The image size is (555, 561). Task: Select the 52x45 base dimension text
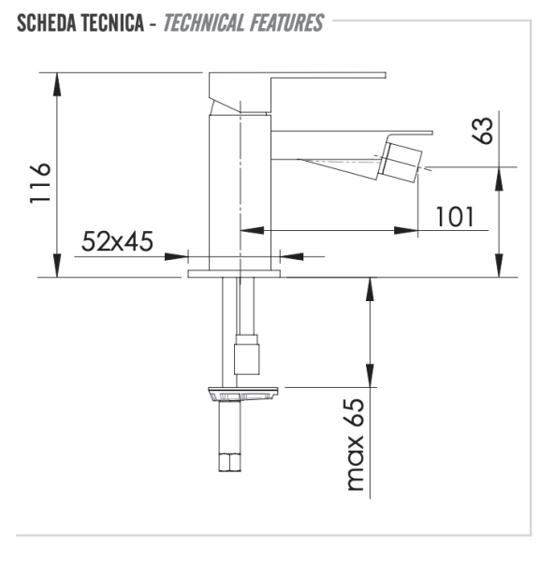117,241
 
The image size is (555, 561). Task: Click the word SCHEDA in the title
44,22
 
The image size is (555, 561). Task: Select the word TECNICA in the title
112,22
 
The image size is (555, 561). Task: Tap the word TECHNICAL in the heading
204,22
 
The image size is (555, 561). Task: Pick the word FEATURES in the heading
285,22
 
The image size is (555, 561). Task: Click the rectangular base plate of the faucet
234,274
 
